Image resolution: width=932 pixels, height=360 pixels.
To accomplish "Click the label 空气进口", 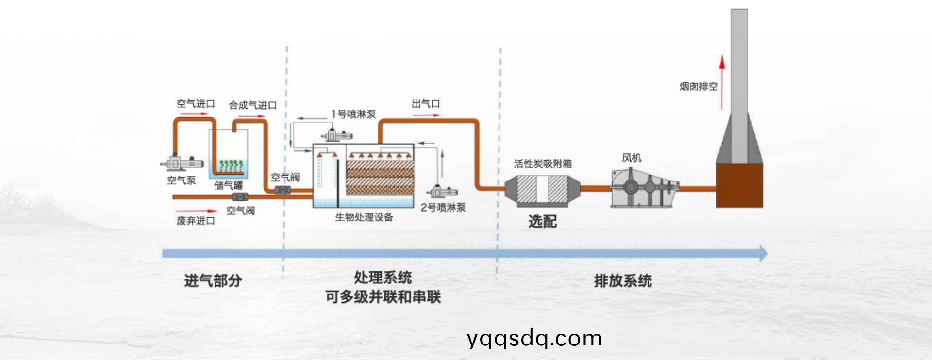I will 196,104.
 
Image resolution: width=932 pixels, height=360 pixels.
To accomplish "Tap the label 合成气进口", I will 252,105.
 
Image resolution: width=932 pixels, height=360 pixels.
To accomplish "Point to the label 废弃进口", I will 196,221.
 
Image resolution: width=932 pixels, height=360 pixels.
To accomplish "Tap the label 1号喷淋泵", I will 353,115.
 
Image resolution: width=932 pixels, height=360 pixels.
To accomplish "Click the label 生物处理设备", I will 364,217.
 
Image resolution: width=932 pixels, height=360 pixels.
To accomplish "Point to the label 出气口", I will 426,104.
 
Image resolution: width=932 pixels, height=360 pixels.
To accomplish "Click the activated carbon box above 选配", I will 542,189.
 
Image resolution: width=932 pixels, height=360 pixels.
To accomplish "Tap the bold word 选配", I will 542,222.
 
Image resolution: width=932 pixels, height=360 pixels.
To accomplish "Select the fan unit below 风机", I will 643,188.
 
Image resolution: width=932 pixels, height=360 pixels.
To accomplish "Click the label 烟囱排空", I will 698,87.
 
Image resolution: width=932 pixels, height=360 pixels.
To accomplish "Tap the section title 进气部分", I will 213,280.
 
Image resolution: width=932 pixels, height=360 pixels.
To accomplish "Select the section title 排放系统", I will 623,281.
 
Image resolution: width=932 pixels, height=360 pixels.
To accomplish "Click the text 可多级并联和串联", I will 383,297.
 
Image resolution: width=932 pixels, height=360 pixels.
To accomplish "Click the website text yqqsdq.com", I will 534,338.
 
